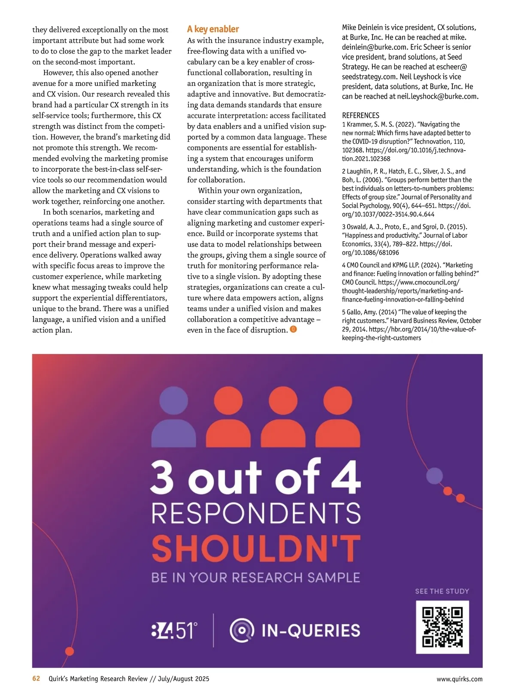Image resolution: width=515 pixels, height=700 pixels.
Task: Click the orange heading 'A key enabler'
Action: click(x=213, y=29)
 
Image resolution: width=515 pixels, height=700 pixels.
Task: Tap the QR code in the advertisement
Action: click(x=442, y=627)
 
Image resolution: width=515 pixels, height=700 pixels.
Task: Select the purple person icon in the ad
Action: click(x=174, y=416)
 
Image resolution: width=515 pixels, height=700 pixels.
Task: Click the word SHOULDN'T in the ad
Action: click(x=256, y=548)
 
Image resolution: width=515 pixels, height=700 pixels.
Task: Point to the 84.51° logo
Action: click(x=174, y=630)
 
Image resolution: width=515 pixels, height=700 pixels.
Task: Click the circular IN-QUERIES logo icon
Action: click(x=242, y=630)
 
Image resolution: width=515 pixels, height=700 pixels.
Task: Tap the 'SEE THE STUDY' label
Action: click(x=442, y=591)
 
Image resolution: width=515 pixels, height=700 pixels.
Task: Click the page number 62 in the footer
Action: click(x=36, y=679)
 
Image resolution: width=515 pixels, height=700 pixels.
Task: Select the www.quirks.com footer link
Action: click(x=459, y=679)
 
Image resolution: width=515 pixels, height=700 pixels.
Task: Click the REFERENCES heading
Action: click(x=360, y=115)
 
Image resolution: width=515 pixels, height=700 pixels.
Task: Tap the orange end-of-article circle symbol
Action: click(x=294, y=330)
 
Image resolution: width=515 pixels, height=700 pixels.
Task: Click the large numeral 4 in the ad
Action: click(x=345, y=476)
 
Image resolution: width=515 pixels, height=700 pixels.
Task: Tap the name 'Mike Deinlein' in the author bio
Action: click(x=362, y=27)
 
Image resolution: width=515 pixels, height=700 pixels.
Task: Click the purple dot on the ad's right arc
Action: click(x=435, y=476)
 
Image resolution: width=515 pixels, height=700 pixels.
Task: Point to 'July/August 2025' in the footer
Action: click(x=184, y=679)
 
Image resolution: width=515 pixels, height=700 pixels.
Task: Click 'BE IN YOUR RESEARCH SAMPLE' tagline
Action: click(x=256, y=578)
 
